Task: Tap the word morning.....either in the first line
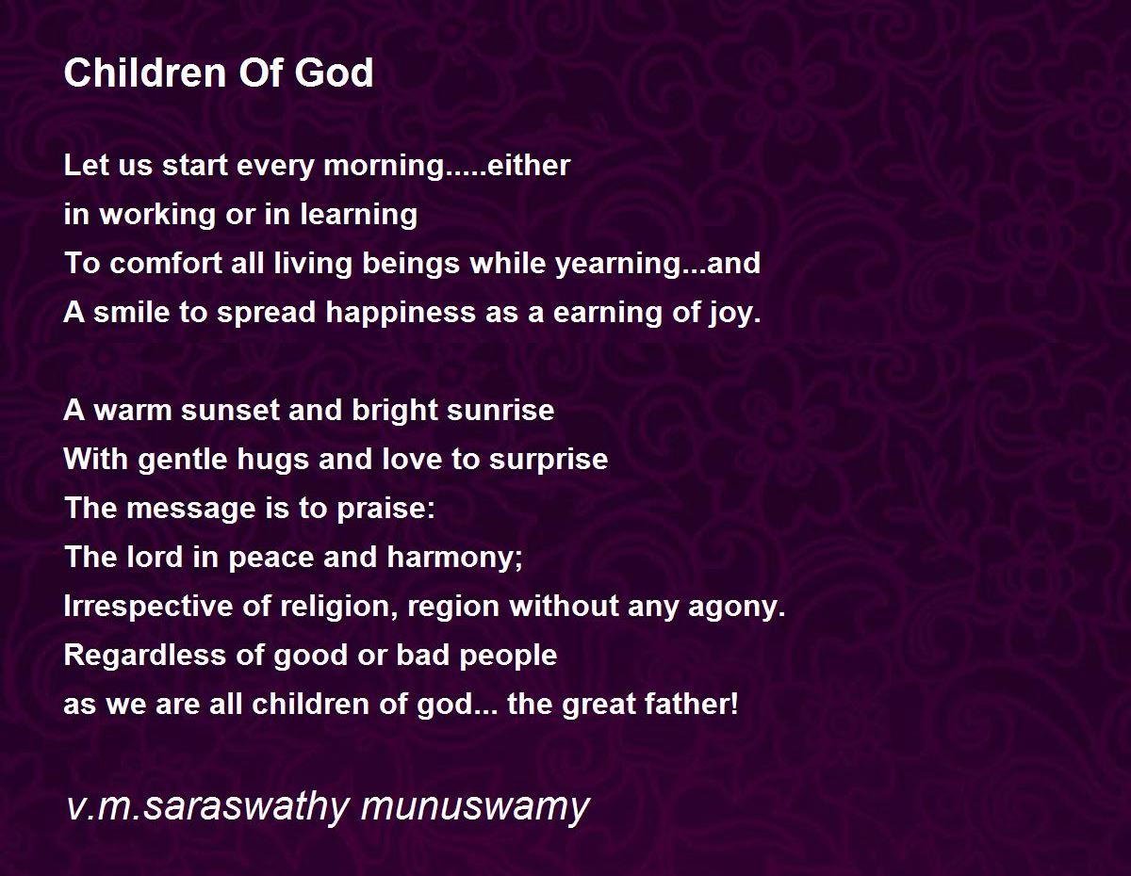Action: point(447,166)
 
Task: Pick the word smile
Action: point(126,313)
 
